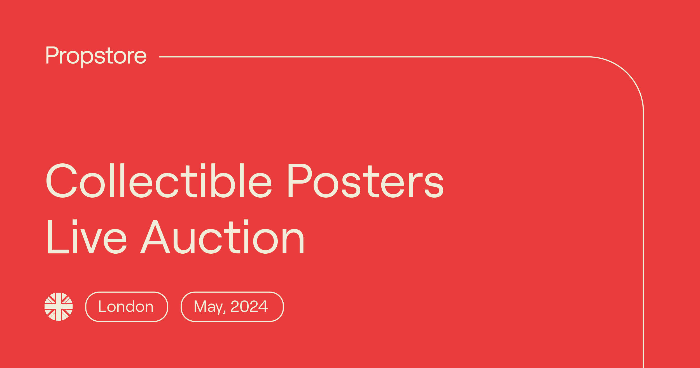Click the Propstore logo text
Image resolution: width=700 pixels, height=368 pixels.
tap(96, 55)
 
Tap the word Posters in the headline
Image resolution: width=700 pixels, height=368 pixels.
tap(365, 180)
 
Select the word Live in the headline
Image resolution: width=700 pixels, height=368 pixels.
tap(87, 237)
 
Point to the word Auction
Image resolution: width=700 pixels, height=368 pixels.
tap(222, 237)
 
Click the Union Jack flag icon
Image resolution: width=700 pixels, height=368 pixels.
tap(59, 307)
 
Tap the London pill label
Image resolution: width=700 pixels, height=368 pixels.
tap(127, 307)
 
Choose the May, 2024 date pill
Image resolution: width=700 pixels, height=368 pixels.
tap(232, 307)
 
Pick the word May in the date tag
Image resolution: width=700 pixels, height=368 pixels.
tap(208, 307)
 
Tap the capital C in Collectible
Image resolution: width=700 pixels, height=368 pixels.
tap(61, 180)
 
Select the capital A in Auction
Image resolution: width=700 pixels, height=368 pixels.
tap(155, 237)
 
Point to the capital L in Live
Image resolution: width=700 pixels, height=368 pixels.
tap(57, 237)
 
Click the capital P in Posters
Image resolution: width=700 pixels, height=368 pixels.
tap(300, 180)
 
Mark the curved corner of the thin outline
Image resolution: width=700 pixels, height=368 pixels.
tap(627, 73)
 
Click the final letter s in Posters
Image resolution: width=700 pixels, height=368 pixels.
tap(434, 185)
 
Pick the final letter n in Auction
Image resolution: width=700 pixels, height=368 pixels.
tap(293, 241)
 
